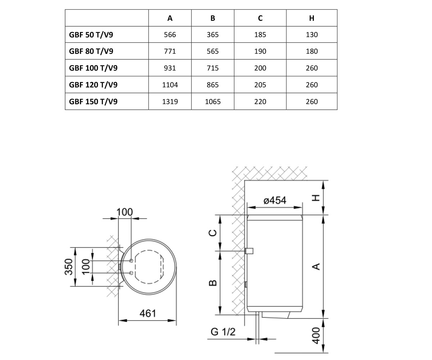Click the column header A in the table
pyautogui.click(x=170, y=18)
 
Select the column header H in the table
pyautogui.click(x=312, y=18)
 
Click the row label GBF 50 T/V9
pyautogui.click(x=91, y=35)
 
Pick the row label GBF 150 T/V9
pyautogui.click(x=93, y=102)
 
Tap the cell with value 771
pyautogui.click(x=170, y=51)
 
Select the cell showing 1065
pyautogui.click(x=213, y=102)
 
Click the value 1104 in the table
pyautogui.click(x=170, y=85)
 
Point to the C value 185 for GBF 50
pyautogui.click(x=260, y=35)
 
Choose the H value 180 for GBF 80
pyautogui.click(x=312, y=51)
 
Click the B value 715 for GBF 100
pyautogui.click(x=213, y=68)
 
